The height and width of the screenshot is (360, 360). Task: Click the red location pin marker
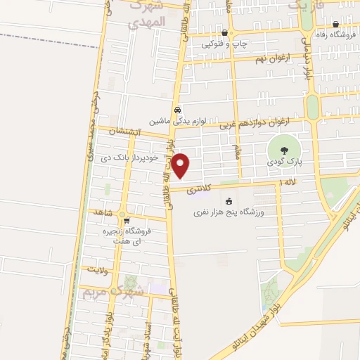click(x=181, y=166)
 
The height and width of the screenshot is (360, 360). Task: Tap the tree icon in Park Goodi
click(x=284, y=150)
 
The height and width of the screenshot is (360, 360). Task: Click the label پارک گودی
click(x=284, y=162)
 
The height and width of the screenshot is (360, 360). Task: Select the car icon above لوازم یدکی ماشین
click(x=178, y=110)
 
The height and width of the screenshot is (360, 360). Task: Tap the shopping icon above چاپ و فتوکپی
click(x=224, y=32)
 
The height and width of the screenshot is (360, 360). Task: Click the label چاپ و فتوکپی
click(x=225, y=44)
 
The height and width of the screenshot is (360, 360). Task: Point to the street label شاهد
click(x=103, y=211)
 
